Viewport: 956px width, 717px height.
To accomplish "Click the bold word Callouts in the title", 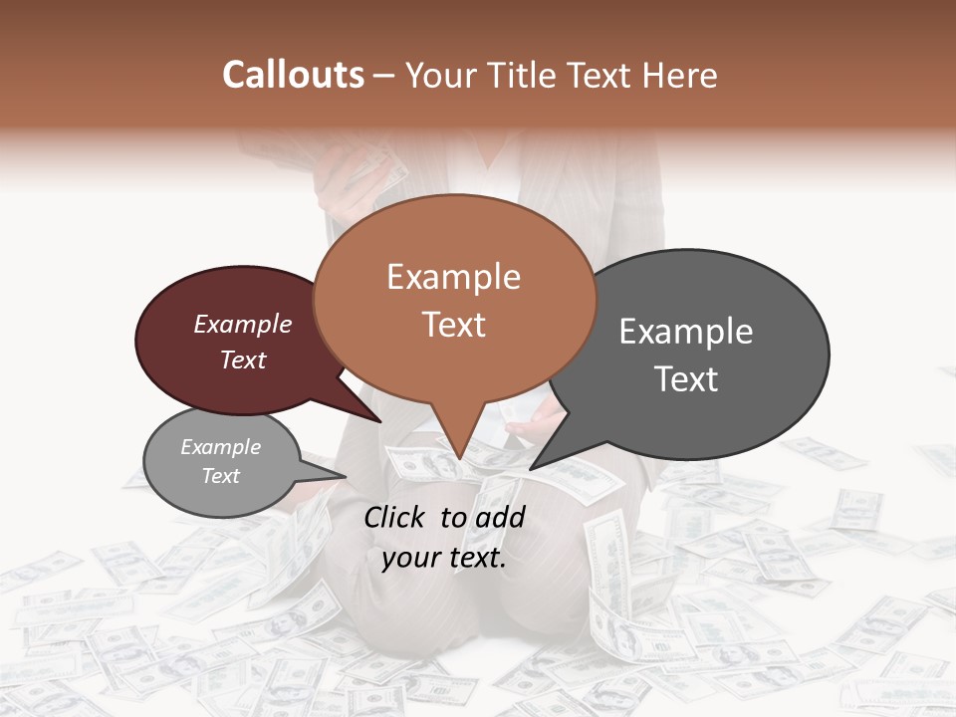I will click(293, 75).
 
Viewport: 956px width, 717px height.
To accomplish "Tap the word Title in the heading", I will click(524, 75).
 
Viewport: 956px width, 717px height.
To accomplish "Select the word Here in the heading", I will click(680, 75).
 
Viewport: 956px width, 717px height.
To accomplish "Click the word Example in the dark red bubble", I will click(243, 324).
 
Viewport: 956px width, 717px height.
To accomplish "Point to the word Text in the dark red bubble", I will click(243, 359).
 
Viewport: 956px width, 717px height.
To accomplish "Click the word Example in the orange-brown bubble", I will click(453, 277).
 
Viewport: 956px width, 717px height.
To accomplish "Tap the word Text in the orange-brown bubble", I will click(453, 325).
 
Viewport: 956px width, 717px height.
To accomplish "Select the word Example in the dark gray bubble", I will click(686, 332).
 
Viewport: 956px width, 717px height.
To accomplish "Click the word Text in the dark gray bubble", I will click(686, 379).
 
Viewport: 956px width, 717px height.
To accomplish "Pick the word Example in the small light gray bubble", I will click(220, 447).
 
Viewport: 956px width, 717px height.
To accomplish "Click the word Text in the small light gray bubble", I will click(220, 476).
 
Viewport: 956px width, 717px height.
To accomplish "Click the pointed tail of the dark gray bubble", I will click(543, 459).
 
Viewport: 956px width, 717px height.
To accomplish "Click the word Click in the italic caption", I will click(395, 517).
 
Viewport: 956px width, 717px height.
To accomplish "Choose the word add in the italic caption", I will click(500, 517).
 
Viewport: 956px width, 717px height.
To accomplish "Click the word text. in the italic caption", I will click(476, 558).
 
